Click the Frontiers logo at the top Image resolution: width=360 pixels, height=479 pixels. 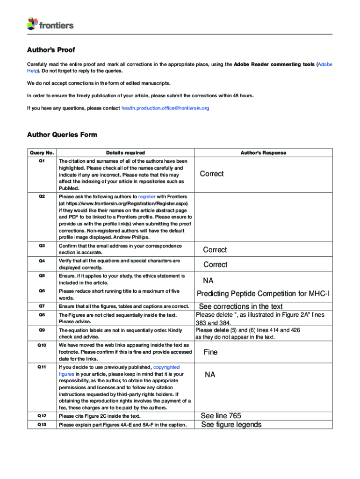click(50, 24)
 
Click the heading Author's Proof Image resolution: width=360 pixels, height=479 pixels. click(51, 50)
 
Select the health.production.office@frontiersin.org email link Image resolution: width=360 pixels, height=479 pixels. click(165, 108)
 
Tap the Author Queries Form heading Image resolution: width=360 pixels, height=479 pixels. click(62, 135)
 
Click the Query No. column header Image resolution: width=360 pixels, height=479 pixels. click(42, 153)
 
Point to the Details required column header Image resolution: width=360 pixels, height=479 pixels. click(125, 153)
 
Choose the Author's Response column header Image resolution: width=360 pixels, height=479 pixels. click(263, 153)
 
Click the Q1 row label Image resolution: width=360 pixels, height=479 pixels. click(42, 161)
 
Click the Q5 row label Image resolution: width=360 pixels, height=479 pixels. click(42, 276)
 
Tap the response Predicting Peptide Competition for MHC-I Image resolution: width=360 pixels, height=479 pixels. click(263, 294)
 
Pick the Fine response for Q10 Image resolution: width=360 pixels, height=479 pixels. click(210, 352)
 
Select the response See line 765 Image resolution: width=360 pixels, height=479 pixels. click(221, 416)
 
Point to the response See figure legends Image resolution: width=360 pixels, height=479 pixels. click(231, 425)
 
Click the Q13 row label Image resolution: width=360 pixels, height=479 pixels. click(42, 425)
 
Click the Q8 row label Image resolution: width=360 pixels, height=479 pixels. click(42, 315)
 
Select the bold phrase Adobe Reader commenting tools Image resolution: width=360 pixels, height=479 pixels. click(274, 64)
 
